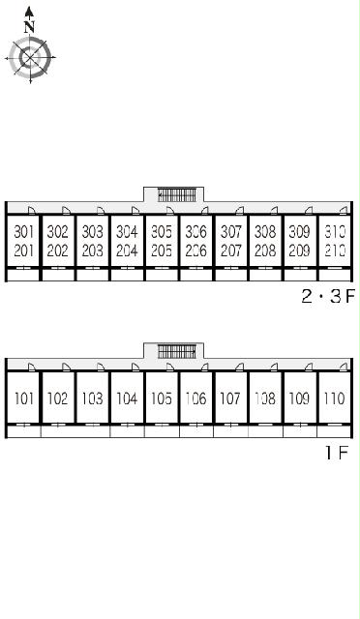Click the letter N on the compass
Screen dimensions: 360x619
pos(29,27)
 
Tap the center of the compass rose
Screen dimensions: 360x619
pos(30,58)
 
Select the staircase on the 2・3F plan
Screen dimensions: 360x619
pos(177,195)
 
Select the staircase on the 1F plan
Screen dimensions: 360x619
pos(177,351)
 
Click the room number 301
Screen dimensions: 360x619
pos(24,232)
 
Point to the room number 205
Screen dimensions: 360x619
pos(162,251)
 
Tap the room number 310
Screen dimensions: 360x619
pos(335,232)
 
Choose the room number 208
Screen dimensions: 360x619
pos(265,251)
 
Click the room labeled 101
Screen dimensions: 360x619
pos(24,398)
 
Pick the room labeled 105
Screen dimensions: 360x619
pos(162,398)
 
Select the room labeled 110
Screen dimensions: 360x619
pos(335,398)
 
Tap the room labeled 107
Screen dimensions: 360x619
pos(230,398)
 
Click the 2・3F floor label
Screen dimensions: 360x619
pos(328,296)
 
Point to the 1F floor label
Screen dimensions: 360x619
pos(337,453)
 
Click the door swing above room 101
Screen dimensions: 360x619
pos(32,367)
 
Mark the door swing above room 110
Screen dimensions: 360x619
pos(344,367)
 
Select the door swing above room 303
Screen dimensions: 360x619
pos(102,211)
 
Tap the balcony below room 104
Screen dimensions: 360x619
pos(127,431)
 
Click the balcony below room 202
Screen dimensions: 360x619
pos(58,275)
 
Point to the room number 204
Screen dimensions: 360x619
pos(127,251)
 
